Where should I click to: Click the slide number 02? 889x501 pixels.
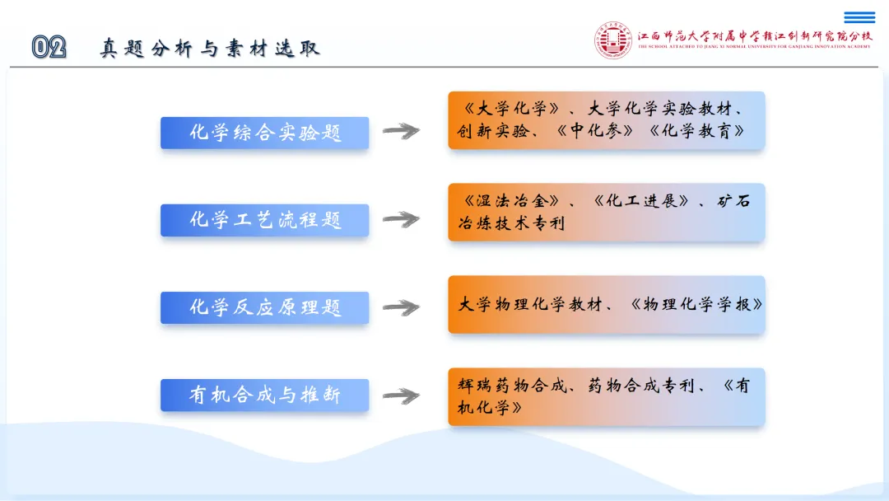[49, 47]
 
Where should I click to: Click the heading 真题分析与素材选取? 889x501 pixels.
[211, 49]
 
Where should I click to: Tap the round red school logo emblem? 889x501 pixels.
[613, 40]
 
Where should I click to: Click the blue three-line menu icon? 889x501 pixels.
[859, 17]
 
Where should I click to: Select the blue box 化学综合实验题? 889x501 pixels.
[265, 133]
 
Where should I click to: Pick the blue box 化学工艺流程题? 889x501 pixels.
[265, 220]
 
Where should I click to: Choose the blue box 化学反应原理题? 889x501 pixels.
[265, 307]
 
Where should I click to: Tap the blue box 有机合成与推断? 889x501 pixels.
[265, 395]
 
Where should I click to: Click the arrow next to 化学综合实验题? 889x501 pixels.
[401, 131]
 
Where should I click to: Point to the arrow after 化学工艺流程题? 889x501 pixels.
[401, 219]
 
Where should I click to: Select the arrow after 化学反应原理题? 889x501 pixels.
[401, 307]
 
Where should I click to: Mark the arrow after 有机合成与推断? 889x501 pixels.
[401, 396]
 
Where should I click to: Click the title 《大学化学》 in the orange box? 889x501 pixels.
[511, 108]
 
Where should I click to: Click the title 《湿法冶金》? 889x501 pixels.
[511, 200]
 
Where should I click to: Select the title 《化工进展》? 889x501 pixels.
[641, 200]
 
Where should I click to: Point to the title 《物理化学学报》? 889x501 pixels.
[696, 304]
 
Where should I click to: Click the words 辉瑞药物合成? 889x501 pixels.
[512, 386]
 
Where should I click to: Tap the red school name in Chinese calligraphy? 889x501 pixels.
[755, 36]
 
